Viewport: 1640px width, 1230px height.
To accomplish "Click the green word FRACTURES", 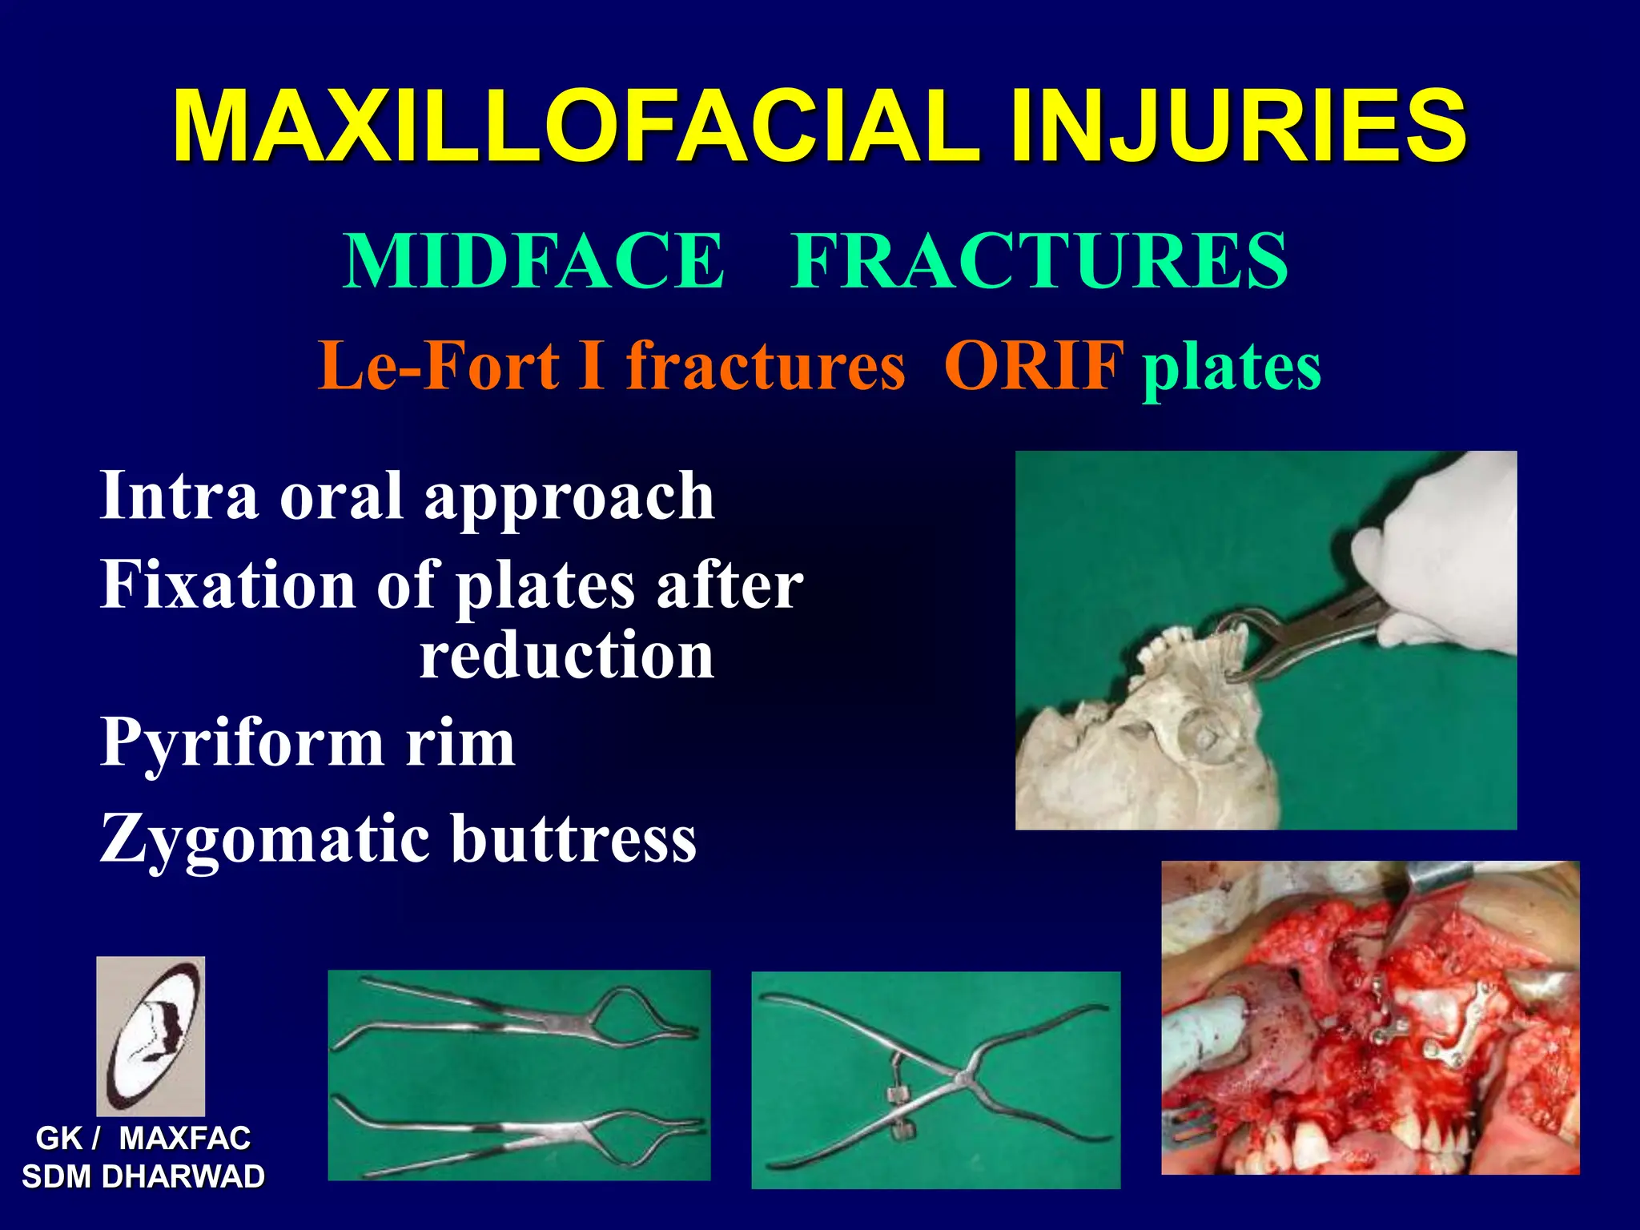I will click(x=1039, y=261).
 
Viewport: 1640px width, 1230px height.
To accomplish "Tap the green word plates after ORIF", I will click(x=1232, y=368).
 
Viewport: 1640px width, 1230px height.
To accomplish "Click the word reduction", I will click(x=566, y=656).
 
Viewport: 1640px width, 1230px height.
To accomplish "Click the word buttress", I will click(x=573, y=839).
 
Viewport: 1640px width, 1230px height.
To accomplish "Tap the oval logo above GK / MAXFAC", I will click(x=151, y=1035).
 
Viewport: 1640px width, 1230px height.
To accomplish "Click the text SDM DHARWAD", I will click(x=143, y=1177).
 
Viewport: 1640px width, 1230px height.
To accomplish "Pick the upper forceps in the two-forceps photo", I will click(x=521, y=1013).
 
